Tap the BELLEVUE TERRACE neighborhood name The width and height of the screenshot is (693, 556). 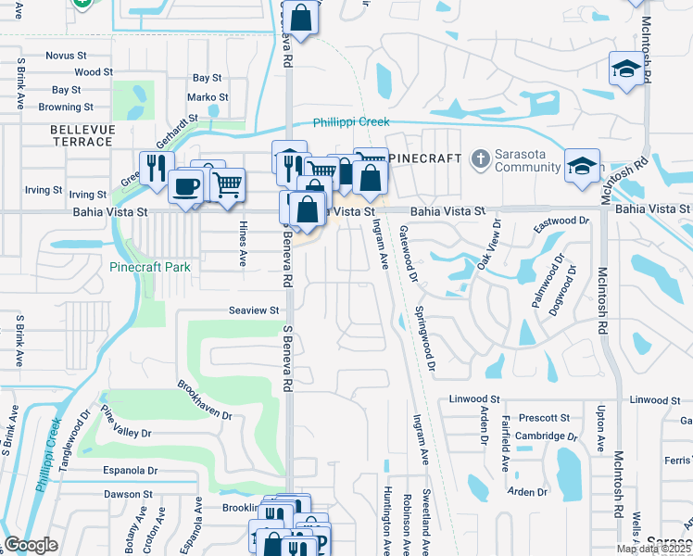point(82,134)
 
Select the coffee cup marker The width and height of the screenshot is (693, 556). point(185,185)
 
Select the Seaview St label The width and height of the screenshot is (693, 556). point(255,310)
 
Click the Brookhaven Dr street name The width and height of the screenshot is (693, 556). point(206,399)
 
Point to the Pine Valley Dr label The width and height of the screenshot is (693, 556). point(126,422)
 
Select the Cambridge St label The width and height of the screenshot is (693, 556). point(540,436)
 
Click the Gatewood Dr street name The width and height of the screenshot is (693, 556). point(406,248)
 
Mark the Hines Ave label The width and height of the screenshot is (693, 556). point(244,247)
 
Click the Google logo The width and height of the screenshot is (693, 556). point(31,545)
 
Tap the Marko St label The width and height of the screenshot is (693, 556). point(208,97)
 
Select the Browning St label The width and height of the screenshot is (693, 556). point(60,107)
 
